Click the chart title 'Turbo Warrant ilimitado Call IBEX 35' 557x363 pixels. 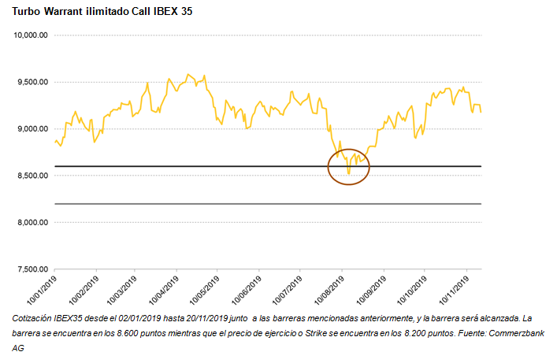pos(102,12)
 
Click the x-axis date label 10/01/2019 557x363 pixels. pos(44,290)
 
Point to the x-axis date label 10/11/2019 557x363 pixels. pos(455,290)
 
